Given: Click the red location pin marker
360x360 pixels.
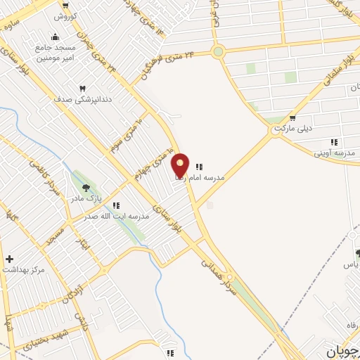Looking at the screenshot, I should click(x=181, y=166).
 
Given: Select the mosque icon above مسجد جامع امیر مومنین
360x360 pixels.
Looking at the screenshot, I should click(x=56, y=37).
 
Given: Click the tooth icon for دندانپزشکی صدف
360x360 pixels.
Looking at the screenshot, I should click(x=82, y=89).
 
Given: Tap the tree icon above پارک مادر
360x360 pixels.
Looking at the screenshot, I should click(x=86, y=188).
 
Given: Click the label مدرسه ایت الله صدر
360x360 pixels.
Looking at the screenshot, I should click(x=121, y=217).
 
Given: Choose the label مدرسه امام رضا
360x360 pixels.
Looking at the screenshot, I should click(x=221, y=178).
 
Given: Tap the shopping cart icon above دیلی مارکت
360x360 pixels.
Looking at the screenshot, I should click(x=292, y=118).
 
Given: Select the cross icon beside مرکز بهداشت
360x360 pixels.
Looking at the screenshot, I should click(x=9, y=259).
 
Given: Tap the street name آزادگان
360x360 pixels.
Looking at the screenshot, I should click(x=70, y=290).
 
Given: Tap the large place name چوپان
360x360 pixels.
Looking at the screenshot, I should click(x=343, y=349).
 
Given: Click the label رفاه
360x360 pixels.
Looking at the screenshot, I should click(x=350, y=324).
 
